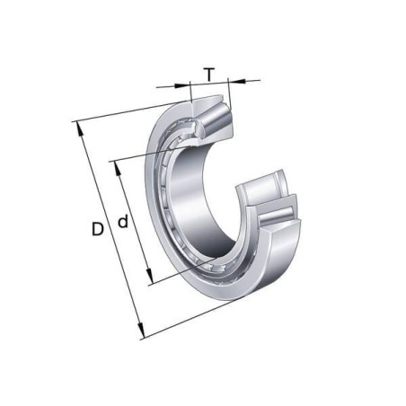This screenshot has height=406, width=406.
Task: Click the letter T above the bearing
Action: tap(209, 75)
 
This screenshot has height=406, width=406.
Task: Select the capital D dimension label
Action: tap(96, 229)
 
